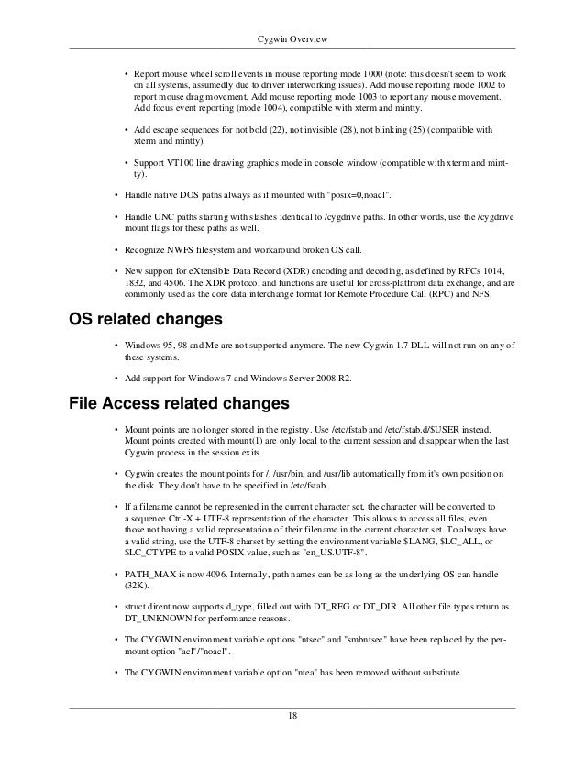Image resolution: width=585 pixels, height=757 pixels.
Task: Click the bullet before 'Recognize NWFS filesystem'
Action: click(114, 249)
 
